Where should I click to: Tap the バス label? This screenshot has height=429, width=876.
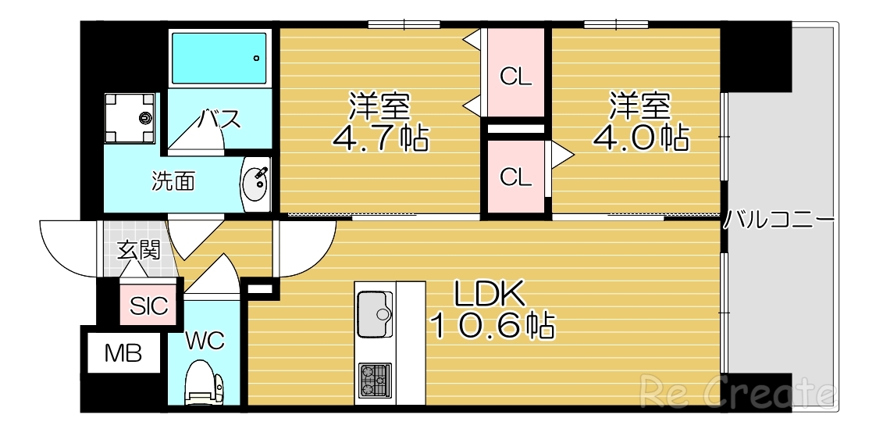(218, 120)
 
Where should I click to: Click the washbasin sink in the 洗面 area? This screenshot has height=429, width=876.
(255, 184)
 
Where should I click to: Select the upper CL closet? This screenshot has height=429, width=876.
(515, 76)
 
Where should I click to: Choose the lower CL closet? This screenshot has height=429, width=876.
(515, 177)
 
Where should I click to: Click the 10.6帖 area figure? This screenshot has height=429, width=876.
(493, 325)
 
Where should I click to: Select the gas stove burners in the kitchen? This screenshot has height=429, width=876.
(376, 381)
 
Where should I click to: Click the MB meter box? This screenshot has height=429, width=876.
(123, 354)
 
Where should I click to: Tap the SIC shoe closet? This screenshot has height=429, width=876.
(149, 306)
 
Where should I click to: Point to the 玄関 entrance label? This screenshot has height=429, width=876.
(139, 250)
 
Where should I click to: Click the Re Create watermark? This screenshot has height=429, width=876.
(738, 390)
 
